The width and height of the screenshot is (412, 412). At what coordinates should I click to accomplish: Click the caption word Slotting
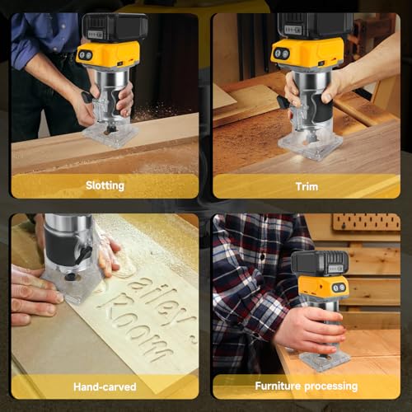[105, 185]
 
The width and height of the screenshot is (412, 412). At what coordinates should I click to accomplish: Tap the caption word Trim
[307, 186]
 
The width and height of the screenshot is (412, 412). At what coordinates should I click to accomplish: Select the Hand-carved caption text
[105, 386]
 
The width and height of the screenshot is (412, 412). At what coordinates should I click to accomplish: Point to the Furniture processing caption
[307, 386]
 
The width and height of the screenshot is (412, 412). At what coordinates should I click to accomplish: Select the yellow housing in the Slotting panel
[108, 55]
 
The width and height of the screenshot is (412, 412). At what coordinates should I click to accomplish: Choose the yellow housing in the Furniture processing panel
[323, 288]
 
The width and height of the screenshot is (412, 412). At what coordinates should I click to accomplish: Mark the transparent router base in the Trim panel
[310, 142]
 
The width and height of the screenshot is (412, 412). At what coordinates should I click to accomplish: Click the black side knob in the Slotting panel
[87, 96]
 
